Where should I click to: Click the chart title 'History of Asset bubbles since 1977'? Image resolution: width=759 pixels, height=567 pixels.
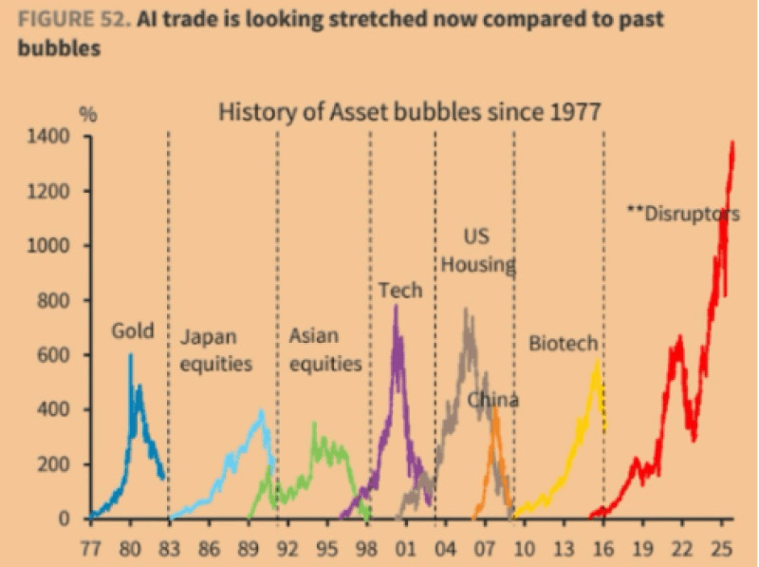[x=410, y=112]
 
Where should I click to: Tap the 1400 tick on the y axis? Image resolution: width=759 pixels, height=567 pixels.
[x=54, y=137]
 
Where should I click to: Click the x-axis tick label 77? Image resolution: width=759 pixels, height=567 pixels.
[x=90, y=548]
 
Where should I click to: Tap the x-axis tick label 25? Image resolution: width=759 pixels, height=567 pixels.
[x=721, y=548]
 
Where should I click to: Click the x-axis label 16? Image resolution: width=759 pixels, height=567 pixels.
[x=604, y=548]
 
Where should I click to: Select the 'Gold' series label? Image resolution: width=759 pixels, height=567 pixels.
[x=132, y=331]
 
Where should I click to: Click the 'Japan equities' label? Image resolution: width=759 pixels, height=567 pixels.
[x=215, y=350]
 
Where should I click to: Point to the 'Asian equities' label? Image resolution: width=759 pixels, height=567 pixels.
[x=325, y=350]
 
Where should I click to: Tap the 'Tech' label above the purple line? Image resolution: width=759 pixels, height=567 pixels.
[x=399, y=290]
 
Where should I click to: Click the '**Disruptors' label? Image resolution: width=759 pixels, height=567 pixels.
[x=683, y=213]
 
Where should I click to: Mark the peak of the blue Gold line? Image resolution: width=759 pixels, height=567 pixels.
[x=131, y=355]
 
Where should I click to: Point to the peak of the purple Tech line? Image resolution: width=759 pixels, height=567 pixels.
[x=396, y=306]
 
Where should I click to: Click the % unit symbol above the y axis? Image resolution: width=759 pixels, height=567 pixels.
[x=88, y=114]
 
